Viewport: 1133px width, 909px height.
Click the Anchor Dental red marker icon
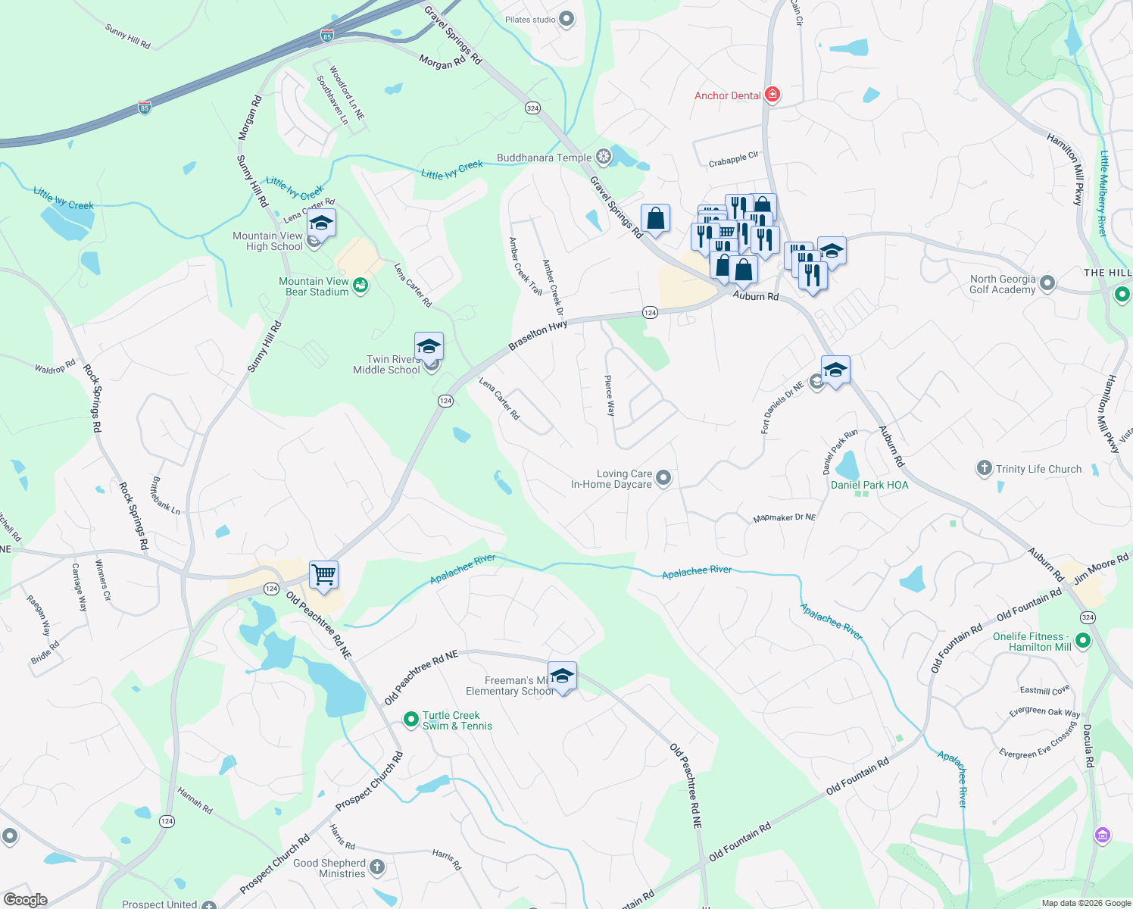point(772,95)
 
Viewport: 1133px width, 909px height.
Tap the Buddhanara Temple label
point(544,158)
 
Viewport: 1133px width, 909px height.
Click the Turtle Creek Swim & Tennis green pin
point(410,720)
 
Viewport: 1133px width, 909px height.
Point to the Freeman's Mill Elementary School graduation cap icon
point(562,676)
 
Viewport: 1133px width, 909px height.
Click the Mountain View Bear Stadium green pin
point(360,286)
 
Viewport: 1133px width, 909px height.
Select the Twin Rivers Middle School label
point(386,365)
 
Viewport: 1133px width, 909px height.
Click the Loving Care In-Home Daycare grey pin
point(663,477)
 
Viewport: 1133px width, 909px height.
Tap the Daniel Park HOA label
point(869,485)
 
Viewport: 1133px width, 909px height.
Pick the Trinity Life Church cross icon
point(984,468)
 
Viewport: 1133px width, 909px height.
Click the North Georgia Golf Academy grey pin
point(1047,283)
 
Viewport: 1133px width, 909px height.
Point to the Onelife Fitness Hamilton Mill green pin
point(1083,641)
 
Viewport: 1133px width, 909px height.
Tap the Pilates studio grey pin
point(566,20)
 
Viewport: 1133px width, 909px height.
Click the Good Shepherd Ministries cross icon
point(377,867)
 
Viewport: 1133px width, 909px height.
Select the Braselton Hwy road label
point(538,335)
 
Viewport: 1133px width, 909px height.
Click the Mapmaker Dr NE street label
point(785,518)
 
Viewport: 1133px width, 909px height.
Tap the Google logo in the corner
point(26,900)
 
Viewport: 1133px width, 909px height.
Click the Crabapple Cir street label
point(733,159)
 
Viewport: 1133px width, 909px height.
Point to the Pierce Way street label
point(610,395)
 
